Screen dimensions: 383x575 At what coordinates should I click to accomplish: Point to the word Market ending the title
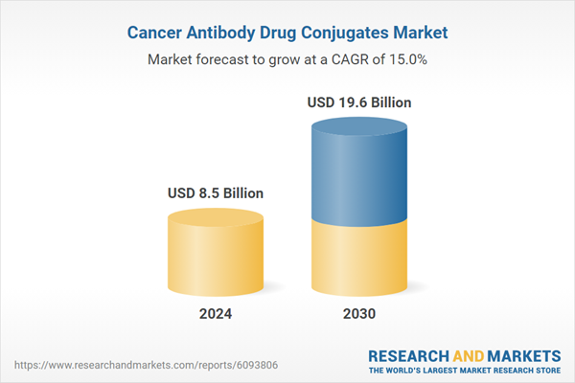pyautogui.click(x=420, y=33)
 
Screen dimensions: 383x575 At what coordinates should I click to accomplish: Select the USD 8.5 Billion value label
pyautogui.click(x=215, y=193)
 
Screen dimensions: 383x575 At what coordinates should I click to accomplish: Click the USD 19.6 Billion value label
pyautogui.click(x=359, y=101)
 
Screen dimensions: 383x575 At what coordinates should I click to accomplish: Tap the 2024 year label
pyautogui.click(x=215, y=314)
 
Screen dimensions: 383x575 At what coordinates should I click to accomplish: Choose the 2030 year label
pyautogui.click(x=359, y=314)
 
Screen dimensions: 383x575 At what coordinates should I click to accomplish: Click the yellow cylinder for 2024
pyautogui.click(x=215, y=254)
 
